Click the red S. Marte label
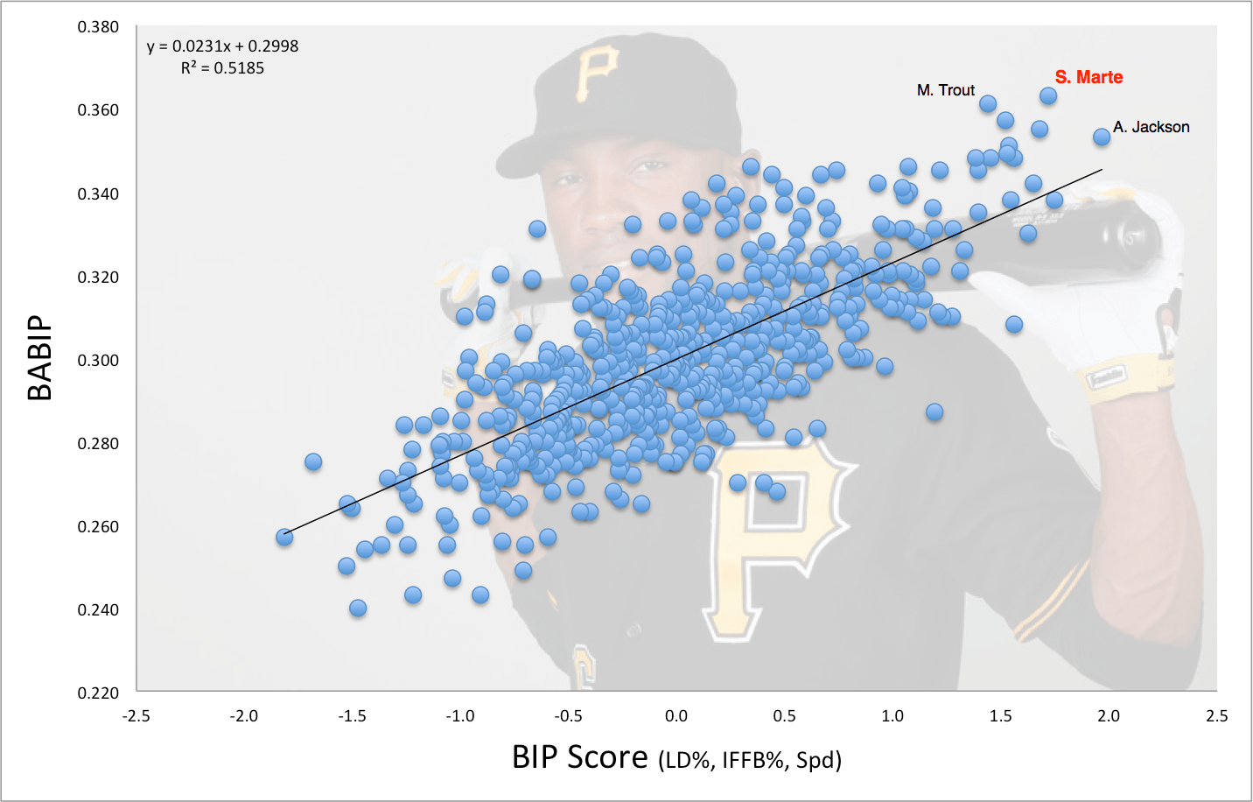click(x=1088, y=77)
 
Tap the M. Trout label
click(x=945, y=90)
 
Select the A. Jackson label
click(x=1151, y=127)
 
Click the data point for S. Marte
click(x=1047, y=95)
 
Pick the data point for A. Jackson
click(x=1102, y=137)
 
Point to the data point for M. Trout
click(x=988, y=103)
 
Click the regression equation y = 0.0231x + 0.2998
click(x=222, y=46)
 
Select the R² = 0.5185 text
click(x=222, y=68)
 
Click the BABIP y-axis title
click(x=40, y=358)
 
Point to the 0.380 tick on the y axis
click(x=98, y=27)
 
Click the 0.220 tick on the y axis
click(x=98, y=693)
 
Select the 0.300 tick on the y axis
click(x=98, y=361)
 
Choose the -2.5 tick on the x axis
click(x=136, y=716)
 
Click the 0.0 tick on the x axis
click(x=676, y=716)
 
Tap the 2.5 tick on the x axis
click(x=1216, y=716)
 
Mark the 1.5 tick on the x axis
click(x=1000, y=716)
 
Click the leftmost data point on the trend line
click(x=284, y=537)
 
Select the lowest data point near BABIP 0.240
click(x=357, y=608)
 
